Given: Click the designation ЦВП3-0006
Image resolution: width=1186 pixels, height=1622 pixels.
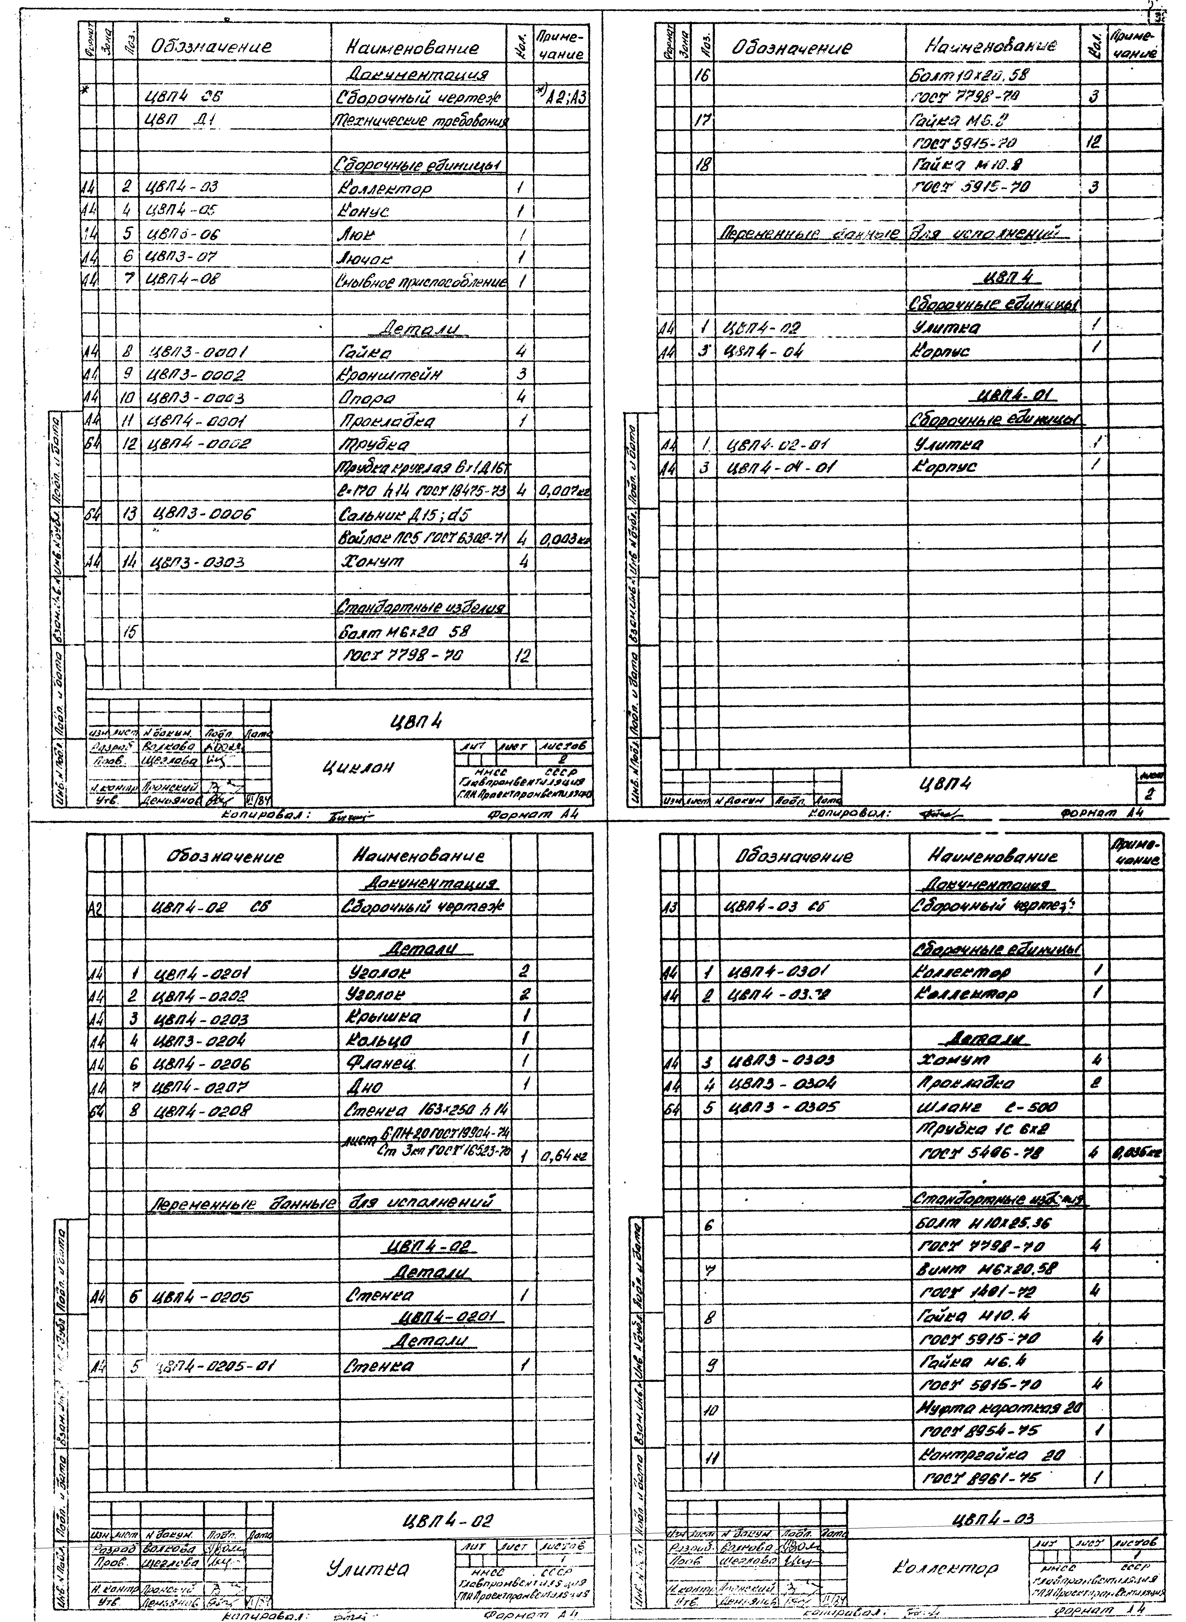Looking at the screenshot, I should [205, 514].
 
